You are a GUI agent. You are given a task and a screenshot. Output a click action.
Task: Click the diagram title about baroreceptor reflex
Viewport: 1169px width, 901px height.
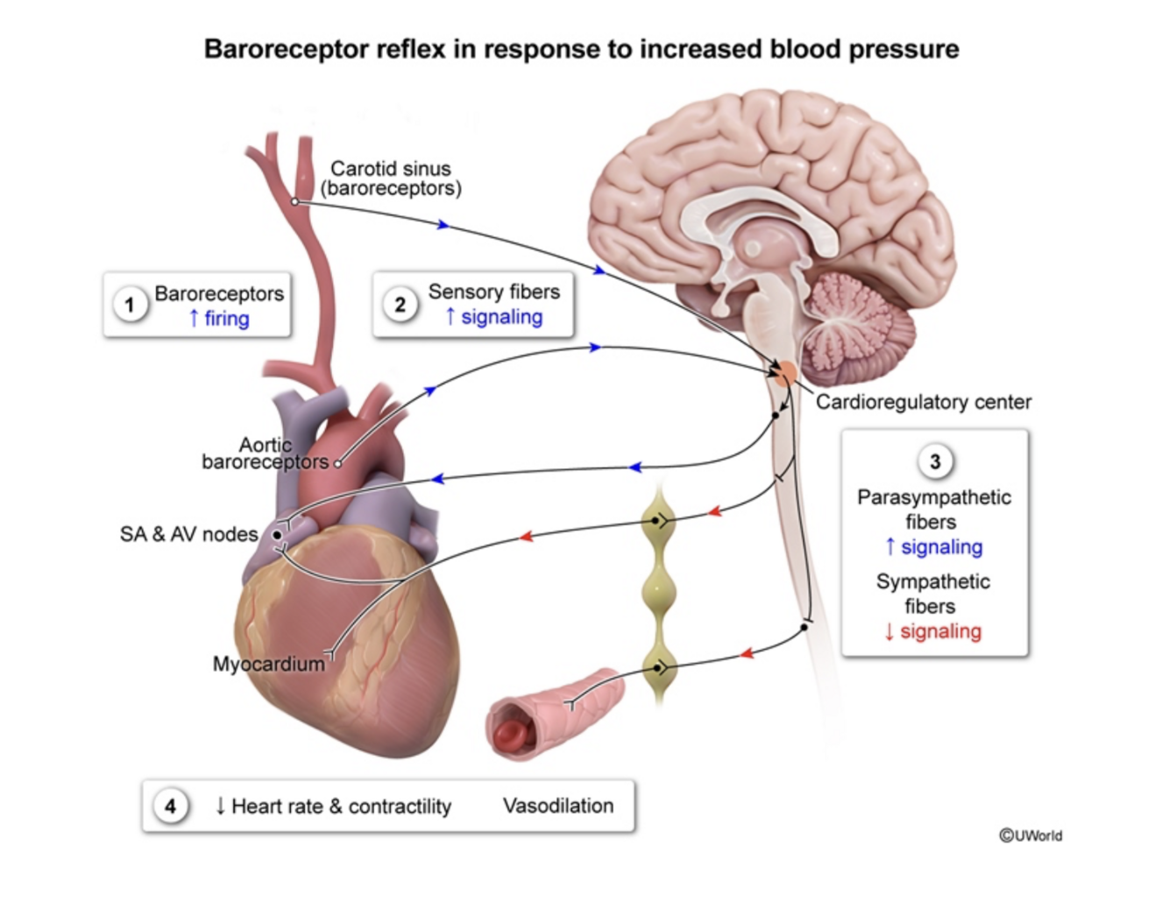click(581, 49)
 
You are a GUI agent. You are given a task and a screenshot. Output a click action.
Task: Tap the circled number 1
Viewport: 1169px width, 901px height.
click(130, 305)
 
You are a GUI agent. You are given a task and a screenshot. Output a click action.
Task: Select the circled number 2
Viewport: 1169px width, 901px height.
click(400, 305)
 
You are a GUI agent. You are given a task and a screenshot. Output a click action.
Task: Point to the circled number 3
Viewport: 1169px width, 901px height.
click(935, 461)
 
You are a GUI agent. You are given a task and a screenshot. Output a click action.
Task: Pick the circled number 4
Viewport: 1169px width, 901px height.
click(170, 806)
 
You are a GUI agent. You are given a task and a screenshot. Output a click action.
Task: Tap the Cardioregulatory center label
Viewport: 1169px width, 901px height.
click(924, 402)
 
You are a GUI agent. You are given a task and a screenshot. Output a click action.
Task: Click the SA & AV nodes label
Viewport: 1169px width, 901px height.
click(189, 534)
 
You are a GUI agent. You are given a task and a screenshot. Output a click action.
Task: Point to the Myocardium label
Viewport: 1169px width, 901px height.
click(268, 664)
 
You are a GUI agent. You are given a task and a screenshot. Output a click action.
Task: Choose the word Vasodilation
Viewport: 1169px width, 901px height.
click(558, 806)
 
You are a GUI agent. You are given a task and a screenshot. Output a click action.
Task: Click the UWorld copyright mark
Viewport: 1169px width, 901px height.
click(1031, 835)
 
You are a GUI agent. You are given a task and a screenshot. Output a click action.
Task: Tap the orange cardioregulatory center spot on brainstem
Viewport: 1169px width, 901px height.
click(786, 375)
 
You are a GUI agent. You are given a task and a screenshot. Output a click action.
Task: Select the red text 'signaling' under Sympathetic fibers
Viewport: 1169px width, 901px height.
click(940, 631)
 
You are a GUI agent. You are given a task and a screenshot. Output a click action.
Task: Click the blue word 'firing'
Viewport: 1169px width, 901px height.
click(226, 319)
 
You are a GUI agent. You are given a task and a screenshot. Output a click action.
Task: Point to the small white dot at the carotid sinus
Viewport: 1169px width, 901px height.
click(295, 202)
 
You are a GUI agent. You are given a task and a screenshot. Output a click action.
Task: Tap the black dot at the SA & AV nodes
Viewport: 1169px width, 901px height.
click(277, 534)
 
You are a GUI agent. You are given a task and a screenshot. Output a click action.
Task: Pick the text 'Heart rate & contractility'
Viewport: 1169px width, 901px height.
click(341, 806)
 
